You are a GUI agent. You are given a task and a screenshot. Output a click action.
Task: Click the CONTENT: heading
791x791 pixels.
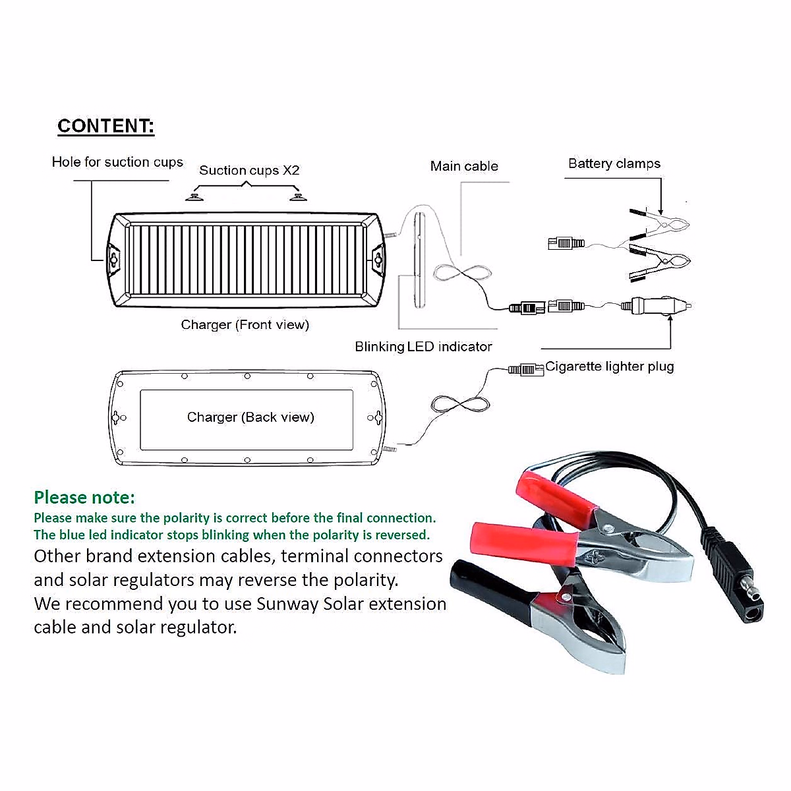coord(105,126)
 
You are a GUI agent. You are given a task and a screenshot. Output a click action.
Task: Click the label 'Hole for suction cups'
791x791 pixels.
coord(117,162)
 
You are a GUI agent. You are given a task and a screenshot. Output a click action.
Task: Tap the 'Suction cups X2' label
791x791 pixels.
coord(249,171)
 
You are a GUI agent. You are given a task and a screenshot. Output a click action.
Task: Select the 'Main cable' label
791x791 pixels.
coord(464,167)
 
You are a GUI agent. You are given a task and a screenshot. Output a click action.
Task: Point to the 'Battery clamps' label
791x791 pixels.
coord(614,164)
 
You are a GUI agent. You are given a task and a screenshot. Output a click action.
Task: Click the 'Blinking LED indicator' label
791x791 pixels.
coord(423,347)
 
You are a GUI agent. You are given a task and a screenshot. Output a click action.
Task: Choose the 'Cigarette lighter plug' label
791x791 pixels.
coord(609,366)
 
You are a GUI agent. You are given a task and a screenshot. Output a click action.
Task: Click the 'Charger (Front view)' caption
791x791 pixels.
coord(245,325)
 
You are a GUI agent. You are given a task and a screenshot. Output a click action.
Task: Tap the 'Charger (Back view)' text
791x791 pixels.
coord(250,417)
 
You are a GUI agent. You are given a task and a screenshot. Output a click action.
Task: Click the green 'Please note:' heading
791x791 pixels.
coord(84,497)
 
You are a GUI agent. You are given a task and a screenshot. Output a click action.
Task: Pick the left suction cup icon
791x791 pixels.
coord(194,196)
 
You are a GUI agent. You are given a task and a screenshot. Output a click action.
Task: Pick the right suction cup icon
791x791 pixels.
coord(297,196)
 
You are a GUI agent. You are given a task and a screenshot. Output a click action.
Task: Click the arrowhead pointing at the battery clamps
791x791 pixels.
coord(660,210)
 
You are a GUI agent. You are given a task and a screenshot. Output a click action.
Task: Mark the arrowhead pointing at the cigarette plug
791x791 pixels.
coord(670,318)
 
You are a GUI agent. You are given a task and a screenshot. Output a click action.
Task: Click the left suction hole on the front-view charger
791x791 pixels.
coord(114,259)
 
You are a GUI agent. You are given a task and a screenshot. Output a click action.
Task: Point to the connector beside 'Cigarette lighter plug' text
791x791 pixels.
coord(525,370)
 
